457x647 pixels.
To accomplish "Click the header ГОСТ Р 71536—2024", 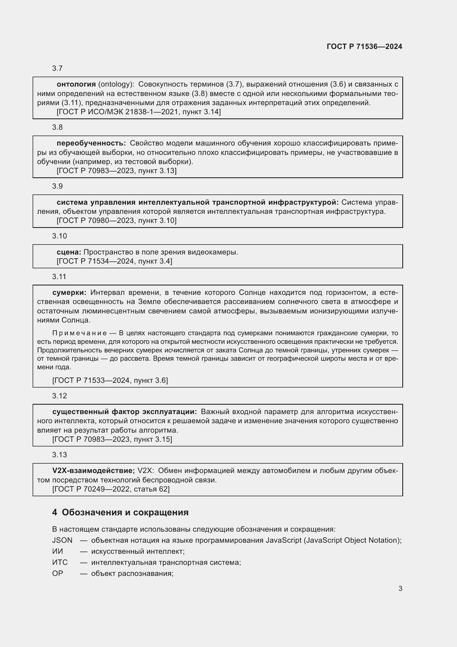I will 364,46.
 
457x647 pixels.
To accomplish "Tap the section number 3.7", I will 57,69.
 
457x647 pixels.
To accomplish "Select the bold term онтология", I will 76,84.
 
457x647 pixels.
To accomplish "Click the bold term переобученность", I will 91,143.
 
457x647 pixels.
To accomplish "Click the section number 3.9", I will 57,186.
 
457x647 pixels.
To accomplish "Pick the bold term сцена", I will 69,252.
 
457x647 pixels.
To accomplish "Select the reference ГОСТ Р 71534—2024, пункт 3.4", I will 114,261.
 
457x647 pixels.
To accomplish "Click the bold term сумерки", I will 69,292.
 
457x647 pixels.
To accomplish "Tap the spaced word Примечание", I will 80,333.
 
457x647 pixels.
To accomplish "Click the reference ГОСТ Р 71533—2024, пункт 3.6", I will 110,380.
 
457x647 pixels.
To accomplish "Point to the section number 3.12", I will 59,396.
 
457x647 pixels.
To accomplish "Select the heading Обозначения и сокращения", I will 125,512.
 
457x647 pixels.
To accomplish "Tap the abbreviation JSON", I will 62,540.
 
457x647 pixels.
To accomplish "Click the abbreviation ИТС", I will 60,562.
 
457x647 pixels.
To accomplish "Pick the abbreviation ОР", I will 57,573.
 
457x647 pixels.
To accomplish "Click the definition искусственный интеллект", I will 138,551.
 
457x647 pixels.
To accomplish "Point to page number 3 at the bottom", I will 400,588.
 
